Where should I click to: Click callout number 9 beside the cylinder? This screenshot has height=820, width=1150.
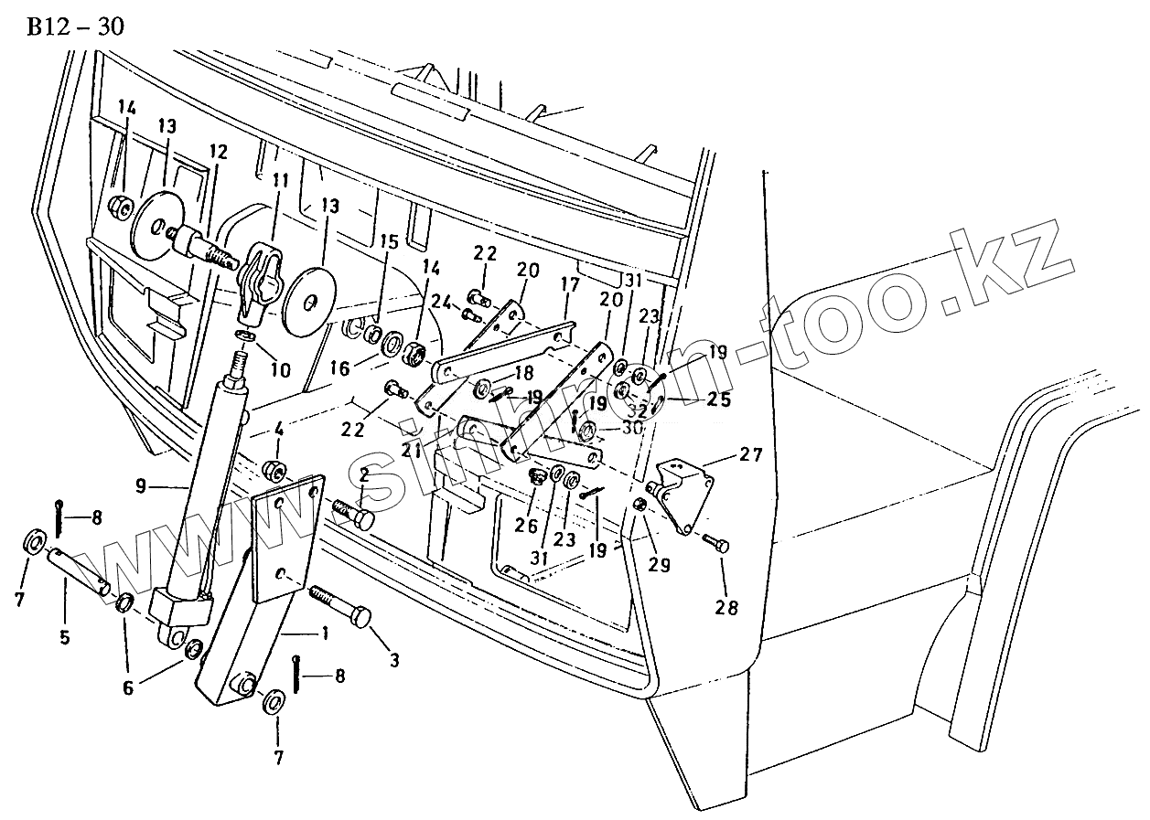click(x=141, y=486)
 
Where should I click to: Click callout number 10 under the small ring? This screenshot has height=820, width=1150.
click(x=280, y=370)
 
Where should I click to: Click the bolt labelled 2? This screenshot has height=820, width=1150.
click(x=353, y=513)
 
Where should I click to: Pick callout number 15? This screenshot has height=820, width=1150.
click(x=390, y=242)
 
